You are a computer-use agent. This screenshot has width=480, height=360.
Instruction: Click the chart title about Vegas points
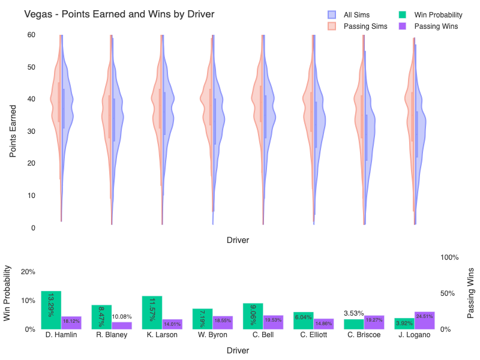click(119, 14)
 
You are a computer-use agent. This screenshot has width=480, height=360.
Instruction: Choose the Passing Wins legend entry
click(436, 26)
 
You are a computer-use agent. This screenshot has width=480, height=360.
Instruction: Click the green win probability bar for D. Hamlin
click(51, 310)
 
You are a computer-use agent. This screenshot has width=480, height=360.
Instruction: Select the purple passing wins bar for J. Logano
click(424, 320)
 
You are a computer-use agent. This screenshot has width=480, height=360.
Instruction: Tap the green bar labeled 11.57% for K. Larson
click(152, 312)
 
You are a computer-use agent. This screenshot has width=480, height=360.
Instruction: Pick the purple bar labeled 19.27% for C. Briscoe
click(374, 322)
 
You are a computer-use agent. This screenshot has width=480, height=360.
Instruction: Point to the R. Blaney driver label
click(112, 335)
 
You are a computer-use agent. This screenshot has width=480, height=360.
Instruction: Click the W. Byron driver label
click(212, 335)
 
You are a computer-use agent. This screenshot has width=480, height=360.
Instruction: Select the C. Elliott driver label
click(314, 335)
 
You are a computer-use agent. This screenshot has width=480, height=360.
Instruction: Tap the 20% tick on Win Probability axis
click(28, 272)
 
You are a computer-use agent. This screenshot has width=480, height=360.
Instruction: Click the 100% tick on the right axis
click(450, 257)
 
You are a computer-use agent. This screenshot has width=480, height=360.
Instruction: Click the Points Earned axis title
click(13, 131)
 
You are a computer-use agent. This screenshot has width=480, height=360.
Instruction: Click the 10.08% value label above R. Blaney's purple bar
click(122, 317)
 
